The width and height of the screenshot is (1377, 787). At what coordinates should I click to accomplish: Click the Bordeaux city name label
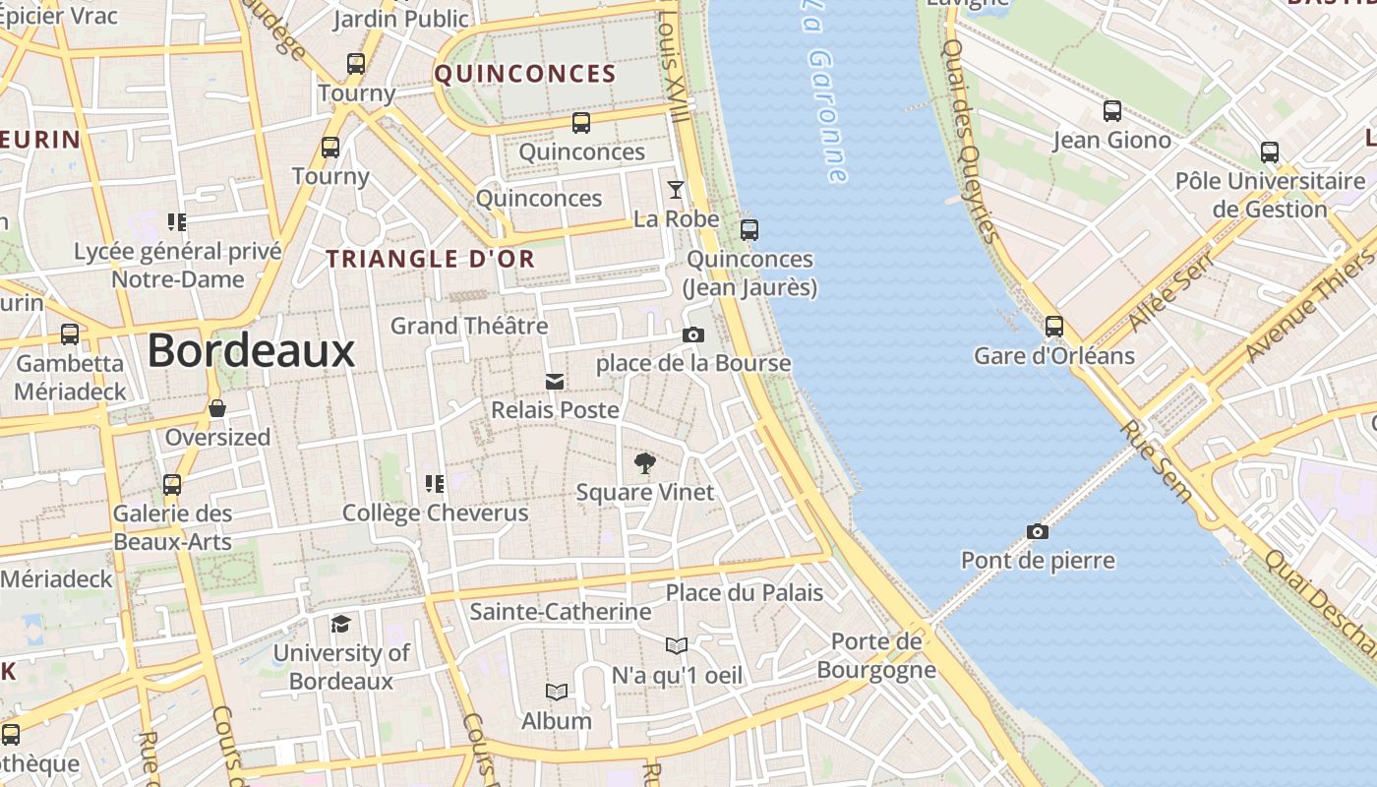click(251, 350)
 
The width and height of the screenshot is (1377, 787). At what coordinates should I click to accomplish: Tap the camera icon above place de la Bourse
click(693, 335)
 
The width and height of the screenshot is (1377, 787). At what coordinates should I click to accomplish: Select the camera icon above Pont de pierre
click(1038, 532)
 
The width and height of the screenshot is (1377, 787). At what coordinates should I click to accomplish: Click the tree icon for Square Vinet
click(645, 462)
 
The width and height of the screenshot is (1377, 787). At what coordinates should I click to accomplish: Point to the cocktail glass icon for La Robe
click(676, 190)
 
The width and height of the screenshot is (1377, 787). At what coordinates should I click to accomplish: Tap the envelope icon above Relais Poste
click(555, 382)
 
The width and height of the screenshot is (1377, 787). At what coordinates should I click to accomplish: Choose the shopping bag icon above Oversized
click(217, 408)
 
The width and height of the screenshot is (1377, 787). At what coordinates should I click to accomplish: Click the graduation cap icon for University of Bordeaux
click(340, 624)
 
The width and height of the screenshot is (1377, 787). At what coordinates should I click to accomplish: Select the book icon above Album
click(557, 693)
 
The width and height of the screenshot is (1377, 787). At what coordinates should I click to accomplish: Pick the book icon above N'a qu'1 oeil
click(677, 646)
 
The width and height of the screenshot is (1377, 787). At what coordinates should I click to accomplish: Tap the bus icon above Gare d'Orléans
click(1054, 326)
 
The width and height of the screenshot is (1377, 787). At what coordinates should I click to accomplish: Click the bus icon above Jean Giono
click(1112, 111)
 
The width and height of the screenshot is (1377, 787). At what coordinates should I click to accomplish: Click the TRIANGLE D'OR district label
click(431, 260)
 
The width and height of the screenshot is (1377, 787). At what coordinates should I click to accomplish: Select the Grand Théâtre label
click(469, 326)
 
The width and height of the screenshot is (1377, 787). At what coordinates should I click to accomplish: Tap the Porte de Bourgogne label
click(876, 656)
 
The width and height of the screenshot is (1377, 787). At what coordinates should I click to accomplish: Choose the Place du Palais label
click(745, 592)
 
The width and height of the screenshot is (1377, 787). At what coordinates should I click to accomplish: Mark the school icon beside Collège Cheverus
click(434, 483)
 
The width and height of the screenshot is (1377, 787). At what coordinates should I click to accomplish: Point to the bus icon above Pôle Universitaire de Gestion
click(1270, 152)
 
